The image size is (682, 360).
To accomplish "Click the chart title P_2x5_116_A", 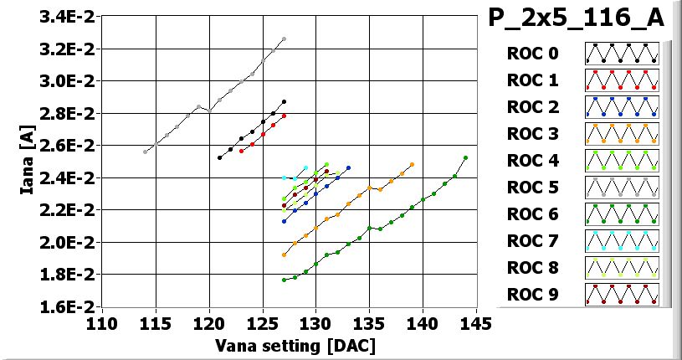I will (577, 18).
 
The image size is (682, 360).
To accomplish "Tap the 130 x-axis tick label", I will (315, 322).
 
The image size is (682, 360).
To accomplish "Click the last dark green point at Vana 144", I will (465, 157).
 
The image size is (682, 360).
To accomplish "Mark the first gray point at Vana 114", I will (146, 152).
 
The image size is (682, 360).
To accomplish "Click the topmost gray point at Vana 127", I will (284, 39).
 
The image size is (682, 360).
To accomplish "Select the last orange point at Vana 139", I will (412, 164).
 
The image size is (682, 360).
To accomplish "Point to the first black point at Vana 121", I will (220, 157).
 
